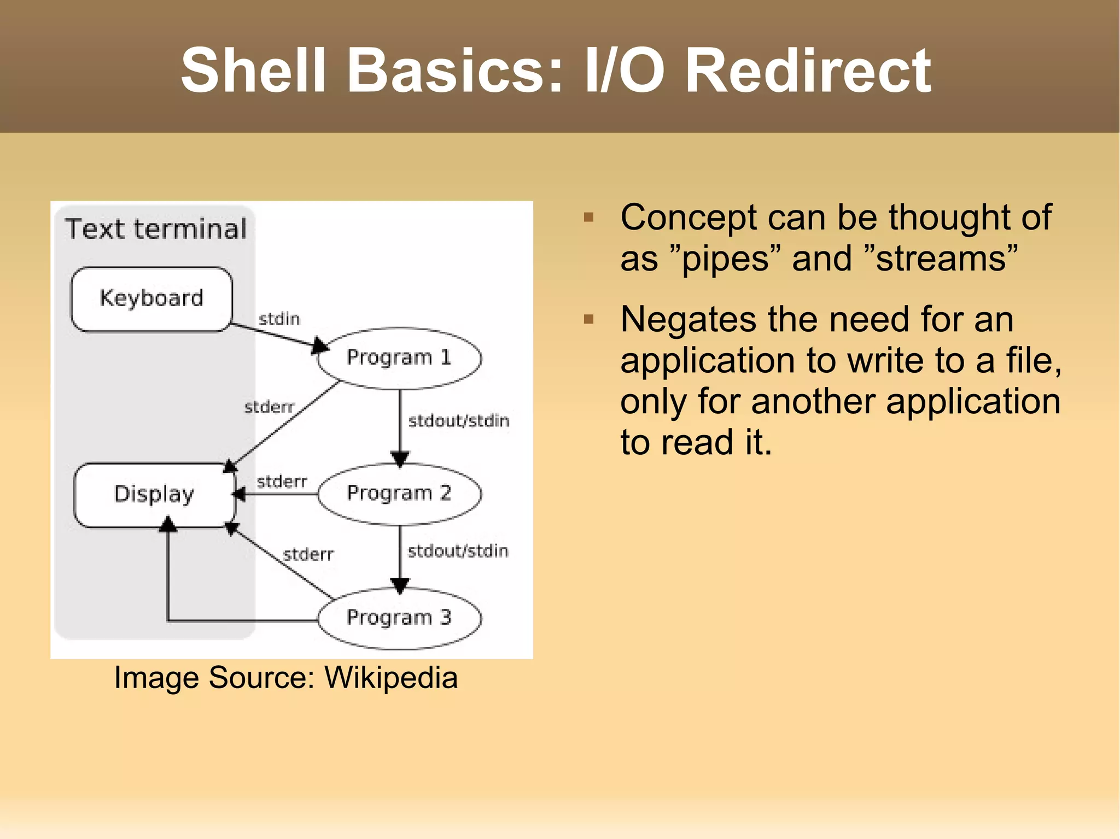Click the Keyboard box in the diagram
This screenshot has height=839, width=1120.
point(151,299)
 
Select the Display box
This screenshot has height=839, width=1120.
point(154,495)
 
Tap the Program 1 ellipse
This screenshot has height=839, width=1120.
point(399,358)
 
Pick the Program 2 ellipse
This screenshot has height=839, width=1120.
point(399,494)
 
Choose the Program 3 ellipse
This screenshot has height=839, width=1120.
point(399,618)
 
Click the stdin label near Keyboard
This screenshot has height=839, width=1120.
point(279,319)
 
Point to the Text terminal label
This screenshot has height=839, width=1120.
point(156,229)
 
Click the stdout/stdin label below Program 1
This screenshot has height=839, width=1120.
point(458,421)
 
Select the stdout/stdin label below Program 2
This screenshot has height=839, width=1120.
point(458,551)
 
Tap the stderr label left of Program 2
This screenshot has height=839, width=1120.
point(282,482)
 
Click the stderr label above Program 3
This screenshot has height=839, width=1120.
point(308,555)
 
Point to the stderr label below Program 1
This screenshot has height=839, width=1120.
point(269,407)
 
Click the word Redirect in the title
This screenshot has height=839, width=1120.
point(808,71)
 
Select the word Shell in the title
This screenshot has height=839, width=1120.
point(253,71)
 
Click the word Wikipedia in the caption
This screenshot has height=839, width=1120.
point(390,678)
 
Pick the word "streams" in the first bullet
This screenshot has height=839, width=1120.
point(941,259)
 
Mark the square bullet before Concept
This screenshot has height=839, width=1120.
point(588,218)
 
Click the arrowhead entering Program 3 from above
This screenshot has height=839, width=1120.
point(400,586)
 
